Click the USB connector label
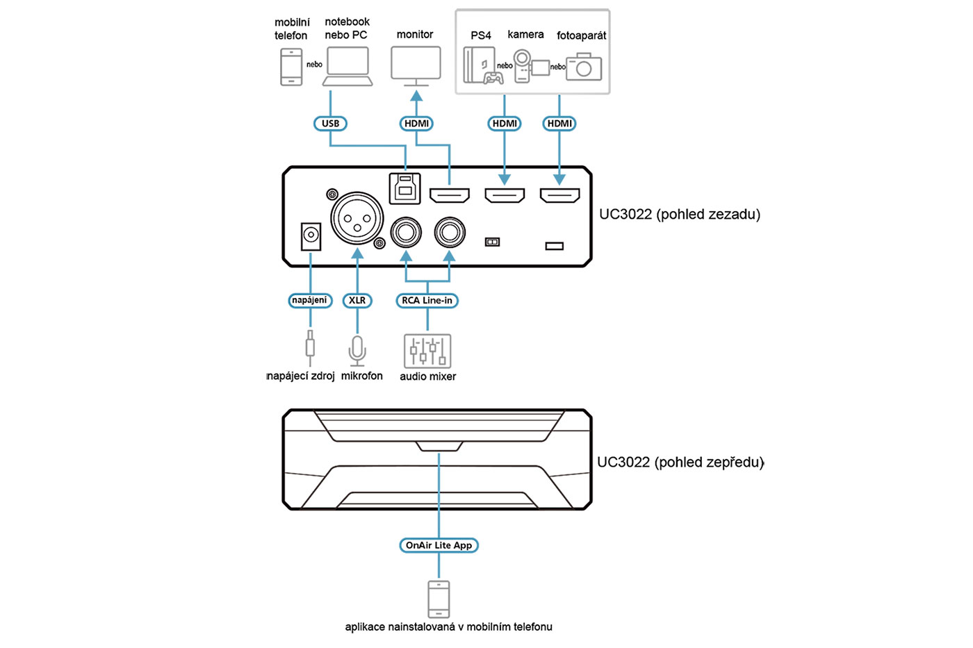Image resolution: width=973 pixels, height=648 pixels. (x=330, y=124)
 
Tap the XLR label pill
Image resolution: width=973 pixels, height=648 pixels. (x=357, y=301)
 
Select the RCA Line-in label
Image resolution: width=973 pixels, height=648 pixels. (x=427, y=301)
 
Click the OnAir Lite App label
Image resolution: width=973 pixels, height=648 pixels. (x=439, y=545)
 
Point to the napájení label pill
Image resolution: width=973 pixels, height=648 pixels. (x=310, y=301)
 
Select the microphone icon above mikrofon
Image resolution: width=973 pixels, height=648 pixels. (x=357, y=350)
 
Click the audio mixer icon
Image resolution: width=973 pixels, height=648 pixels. (x=427, y=351)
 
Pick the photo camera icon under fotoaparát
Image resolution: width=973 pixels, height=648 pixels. (x=584, y=68)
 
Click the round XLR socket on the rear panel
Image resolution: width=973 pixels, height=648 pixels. (x=357, y=218)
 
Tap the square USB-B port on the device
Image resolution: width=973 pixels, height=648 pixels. (x=405, y=188)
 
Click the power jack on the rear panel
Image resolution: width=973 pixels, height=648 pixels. (x=311, y=236)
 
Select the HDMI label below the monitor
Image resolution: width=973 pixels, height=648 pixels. (x=416, y=124)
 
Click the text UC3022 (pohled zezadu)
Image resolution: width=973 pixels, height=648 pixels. (x=680, y=215)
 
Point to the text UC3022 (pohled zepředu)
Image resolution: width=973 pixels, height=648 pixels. (x=680, y=463)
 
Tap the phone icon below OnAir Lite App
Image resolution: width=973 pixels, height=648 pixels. (x=439, y=599)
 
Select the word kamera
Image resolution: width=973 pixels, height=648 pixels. (x=525, y=35)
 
